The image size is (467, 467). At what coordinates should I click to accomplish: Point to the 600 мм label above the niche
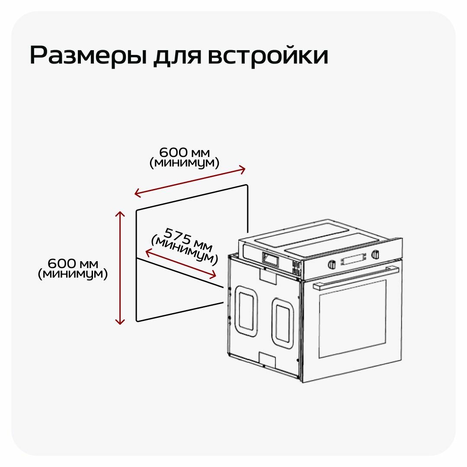[185, 152]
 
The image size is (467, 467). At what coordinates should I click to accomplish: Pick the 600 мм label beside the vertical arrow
[73, 263]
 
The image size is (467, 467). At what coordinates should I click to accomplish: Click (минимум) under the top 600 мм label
[185, 163]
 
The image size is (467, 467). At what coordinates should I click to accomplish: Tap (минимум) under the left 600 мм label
[73, 274]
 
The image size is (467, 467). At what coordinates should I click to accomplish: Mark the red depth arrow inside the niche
[181, 263]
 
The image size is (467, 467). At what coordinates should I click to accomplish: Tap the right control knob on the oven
[375, 254]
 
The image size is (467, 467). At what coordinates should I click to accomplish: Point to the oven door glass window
[352, 318]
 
